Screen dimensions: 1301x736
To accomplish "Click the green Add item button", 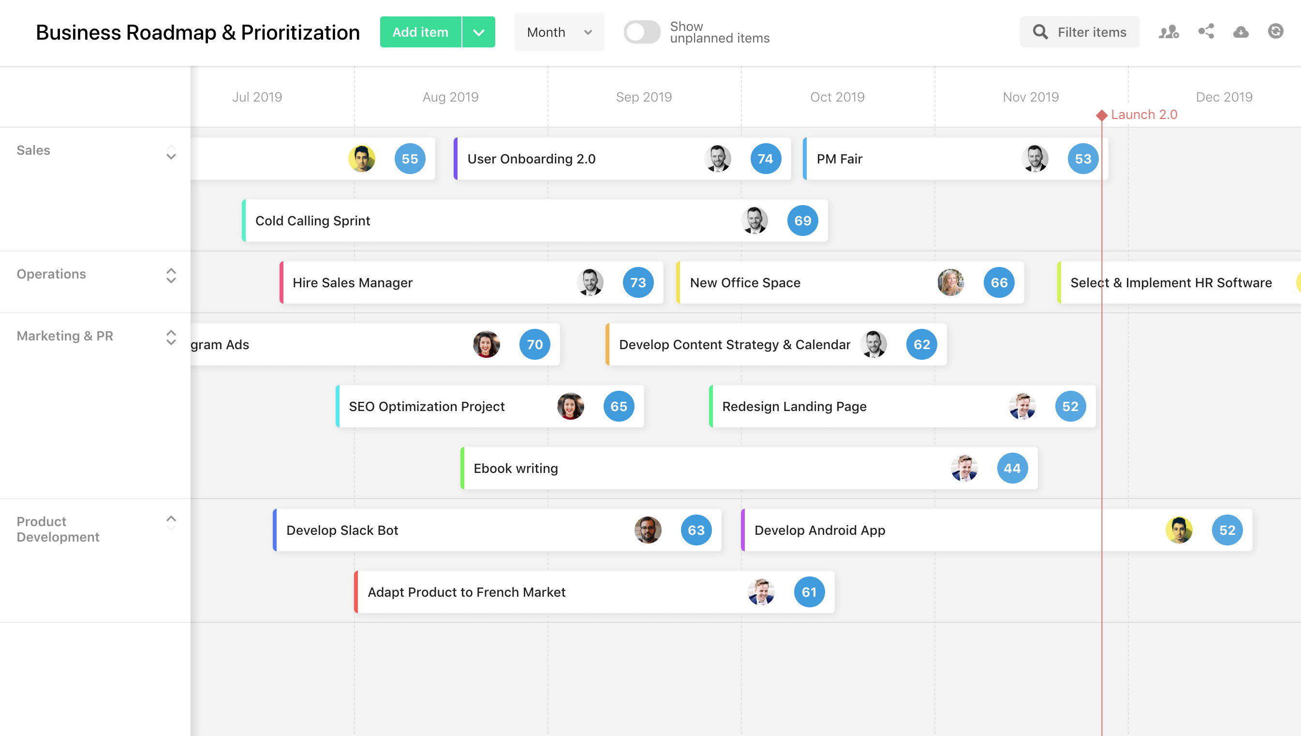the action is pyautogui.click(x=420, y=32).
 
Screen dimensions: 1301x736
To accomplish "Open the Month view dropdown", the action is pyautogui.click(x=559, y=32).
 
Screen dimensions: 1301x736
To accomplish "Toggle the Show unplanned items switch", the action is pyautogui.click(x=641, y=32).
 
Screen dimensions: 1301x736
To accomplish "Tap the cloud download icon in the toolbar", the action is pyautogui.click(x=1241, y=32).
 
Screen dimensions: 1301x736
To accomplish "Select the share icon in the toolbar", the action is pyautogui.click(x=1206, y=32).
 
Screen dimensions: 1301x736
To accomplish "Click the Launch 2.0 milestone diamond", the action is pyautogui.click(x=1102, y=115).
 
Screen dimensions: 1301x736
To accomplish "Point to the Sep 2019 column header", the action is pyautogui.click(x=643, y=97).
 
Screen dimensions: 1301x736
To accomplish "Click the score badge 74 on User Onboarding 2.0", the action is pyautogui.click(x=765, y=159).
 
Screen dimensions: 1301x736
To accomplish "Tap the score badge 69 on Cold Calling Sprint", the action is pyautogui.click(x=802, y=221).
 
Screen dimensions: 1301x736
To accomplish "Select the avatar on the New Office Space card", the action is pyautogui.click(x=951, y=282).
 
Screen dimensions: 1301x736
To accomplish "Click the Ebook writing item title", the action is pyautogui.click(x=516, y=469).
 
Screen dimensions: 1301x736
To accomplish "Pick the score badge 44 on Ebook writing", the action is pyautogui.click(x=1012, y=469).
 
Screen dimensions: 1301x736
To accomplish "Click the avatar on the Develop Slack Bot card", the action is pyautogui.click(x=648, y=530).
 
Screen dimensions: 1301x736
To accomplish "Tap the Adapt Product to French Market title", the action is pyautogui.click(x=466, y=592).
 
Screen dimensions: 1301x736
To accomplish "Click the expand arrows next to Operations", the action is pyautogui.click(x=171, y=276).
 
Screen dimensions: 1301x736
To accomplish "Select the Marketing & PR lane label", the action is pyautogui.click(x=65, y=336).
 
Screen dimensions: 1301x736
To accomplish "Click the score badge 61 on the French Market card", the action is pyautogui.click(x=809, y=592).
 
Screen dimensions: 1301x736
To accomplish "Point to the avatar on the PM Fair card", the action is pyautogui.click(x=1035, y=159).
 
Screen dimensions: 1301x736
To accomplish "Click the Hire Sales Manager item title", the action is pyautogui.click(x=352, y=282).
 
